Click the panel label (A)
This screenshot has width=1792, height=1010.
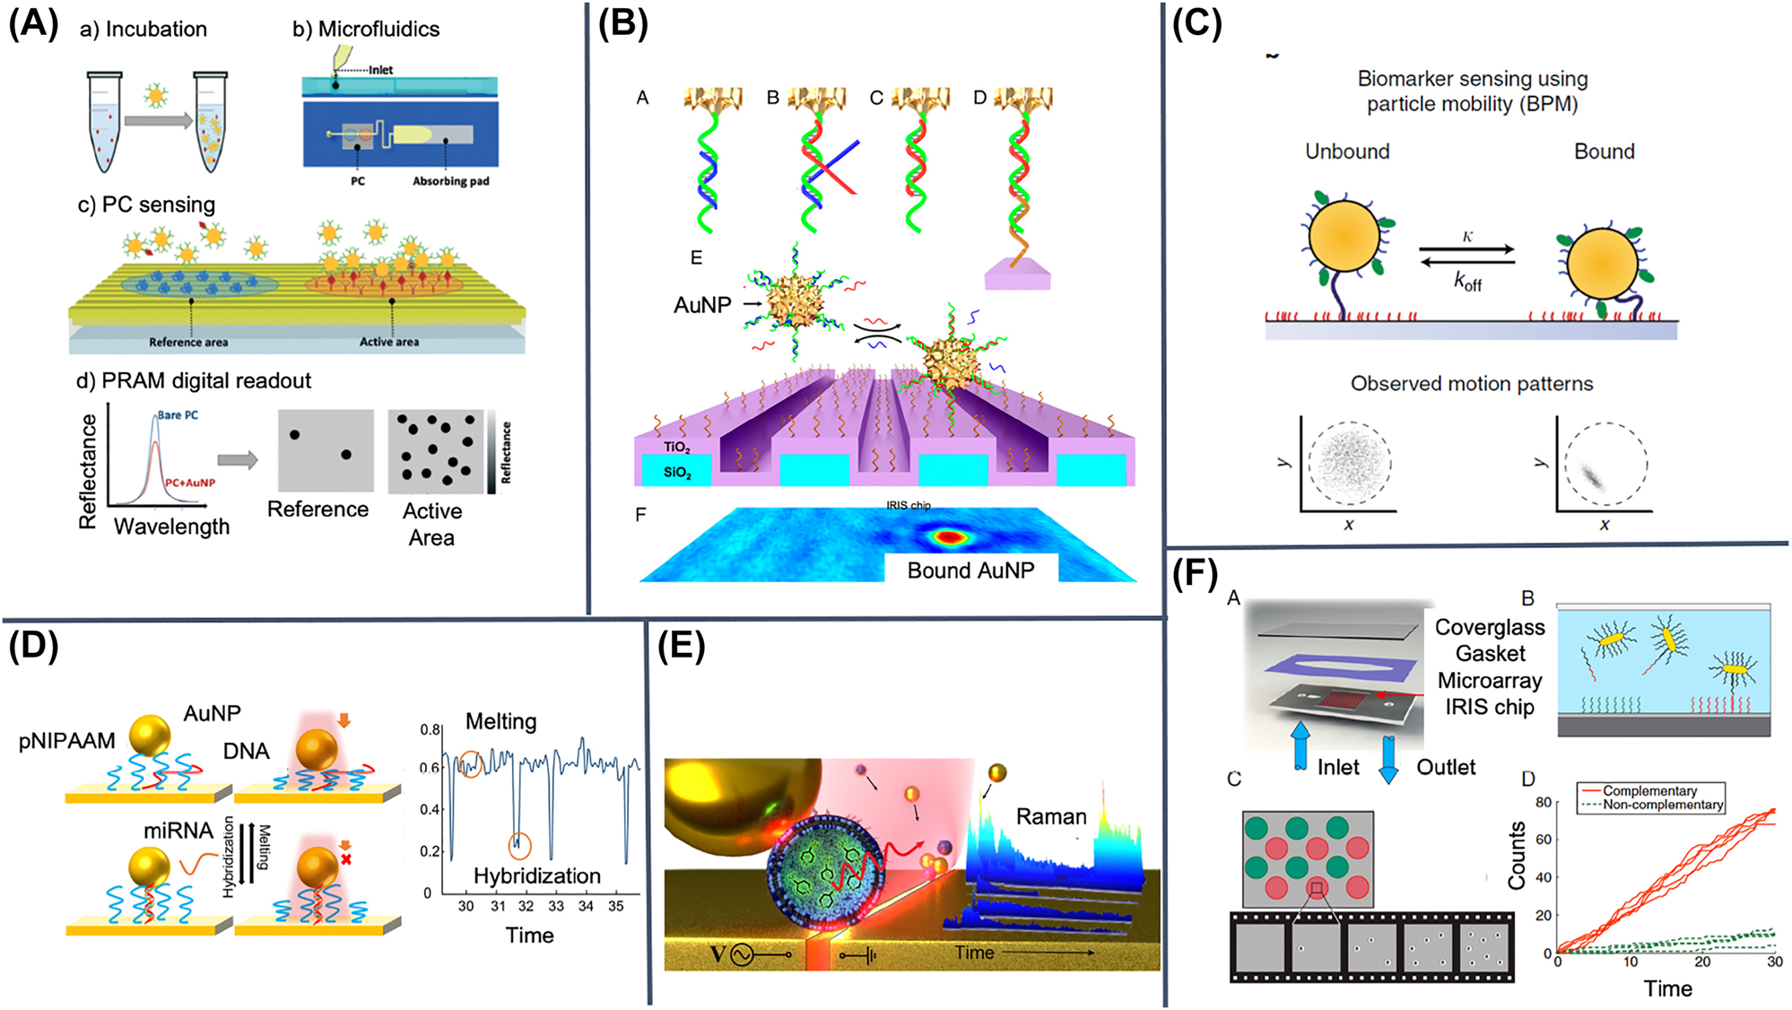[x=33, y=24]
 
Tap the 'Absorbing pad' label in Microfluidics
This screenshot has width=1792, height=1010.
[x=450, y=181]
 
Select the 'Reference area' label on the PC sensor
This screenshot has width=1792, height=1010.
[x=188, y=342]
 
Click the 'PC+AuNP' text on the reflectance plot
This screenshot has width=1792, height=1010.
[x=189, y=483]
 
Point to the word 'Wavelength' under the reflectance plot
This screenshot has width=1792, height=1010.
[x=171, y=527]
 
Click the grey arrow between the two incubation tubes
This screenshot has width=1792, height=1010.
[x=158, y=120]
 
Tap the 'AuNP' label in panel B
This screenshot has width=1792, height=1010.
[x=701, y=305]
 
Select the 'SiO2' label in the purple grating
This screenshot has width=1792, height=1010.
[x=677, y=473]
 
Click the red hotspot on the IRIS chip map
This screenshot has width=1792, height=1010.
[x=949, y=537]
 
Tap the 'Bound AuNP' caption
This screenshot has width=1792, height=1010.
[x=970, y=570]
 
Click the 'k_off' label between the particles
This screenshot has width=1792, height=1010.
[x=1467, y=282]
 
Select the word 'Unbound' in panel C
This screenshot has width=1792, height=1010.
[x=1347, y=152]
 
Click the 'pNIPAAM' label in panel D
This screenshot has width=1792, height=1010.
[x=67, y=741]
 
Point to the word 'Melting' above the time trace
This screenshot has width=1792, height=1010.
[x=500, y=721]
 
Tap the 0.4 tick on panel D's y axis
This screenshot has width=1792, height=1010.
[x=431, y=809]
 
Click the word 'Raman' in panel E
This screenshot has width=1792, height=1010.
[x=1050, y=816]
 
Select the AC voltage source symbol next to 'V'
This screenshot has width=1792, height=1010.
[x=742, y=955]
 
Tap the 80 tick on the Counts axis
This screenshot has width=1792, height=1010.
[x=1543, y=802]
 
